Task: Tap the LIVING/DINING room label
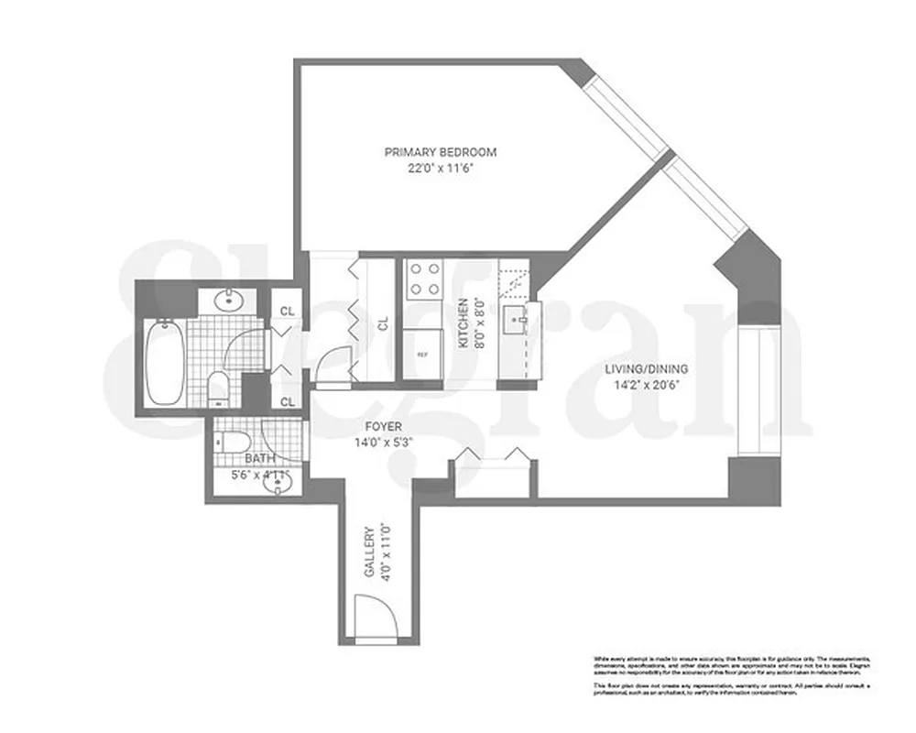click(646, 369)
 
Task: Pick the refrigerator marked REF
click(422, 354)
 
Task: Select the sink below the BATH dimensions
click(274, 486)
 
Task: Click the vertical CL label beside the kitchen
click(384, 323)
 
